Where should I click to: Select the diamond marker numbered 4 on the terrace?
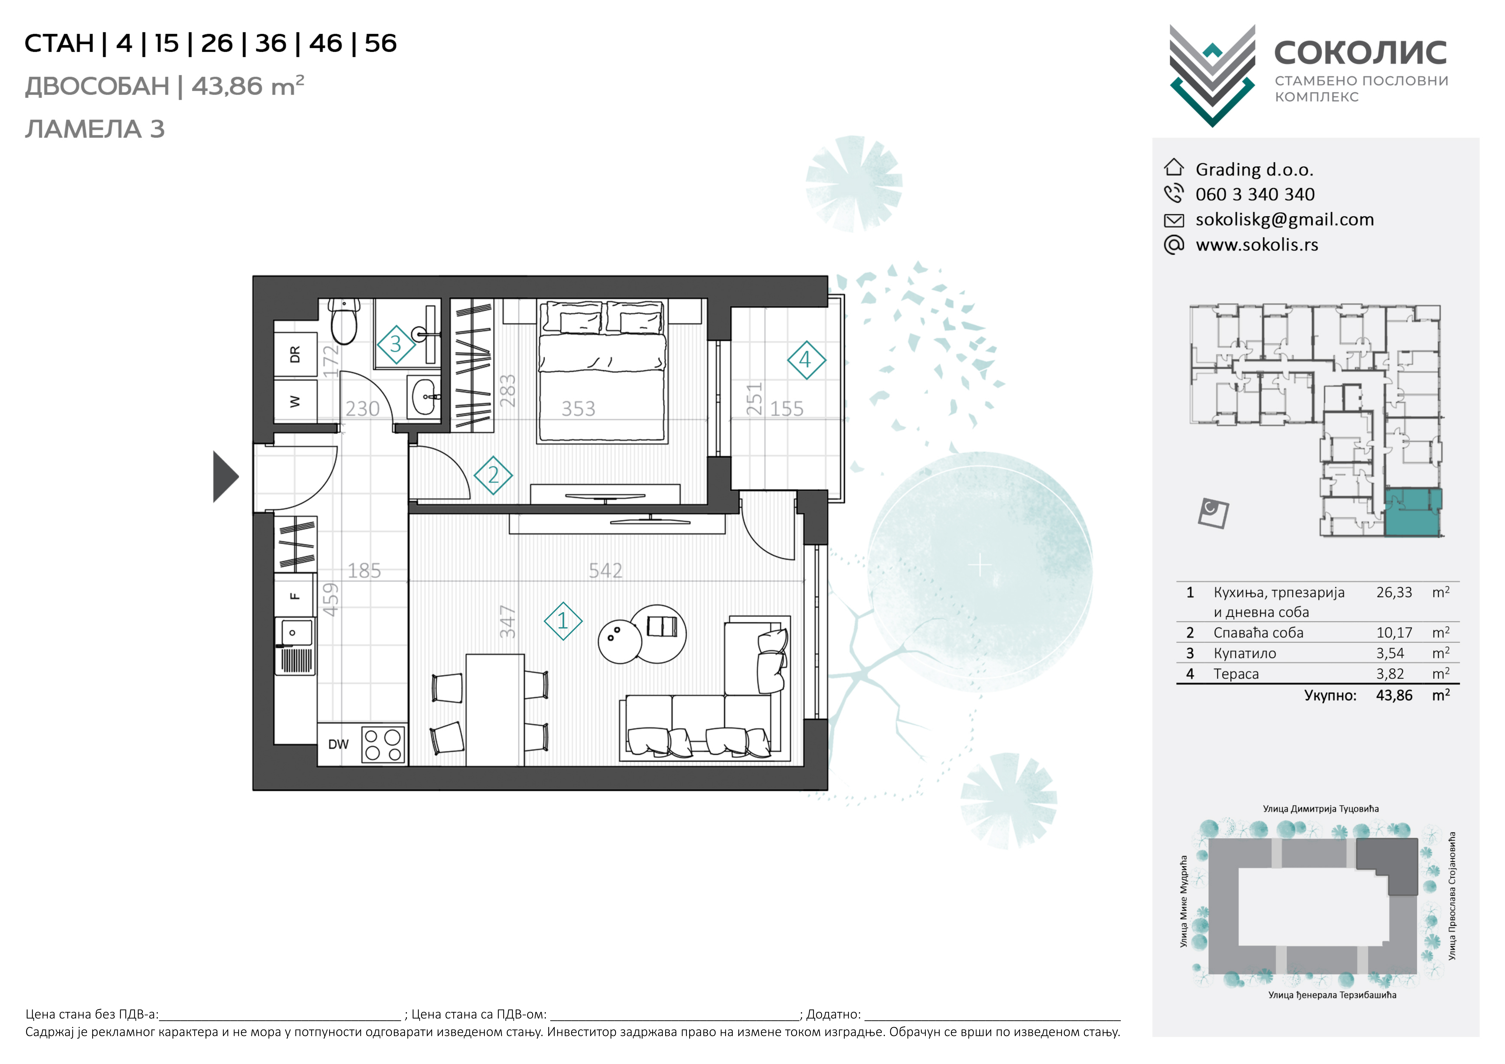806,360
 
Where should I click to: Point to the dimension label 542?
605,570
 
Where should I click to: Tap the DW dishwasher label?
338,745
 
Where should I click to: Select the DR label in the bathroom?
295,355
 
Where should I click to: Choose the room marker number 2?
493,475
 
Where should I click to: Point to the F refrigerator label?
295,596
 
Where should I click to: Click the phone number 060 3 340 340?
1255,195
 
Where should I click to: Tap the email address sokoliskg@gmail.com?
1285,220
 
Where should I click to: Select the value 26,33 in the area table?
1394,593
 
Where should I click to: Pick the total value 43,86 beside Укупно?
1394,695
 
